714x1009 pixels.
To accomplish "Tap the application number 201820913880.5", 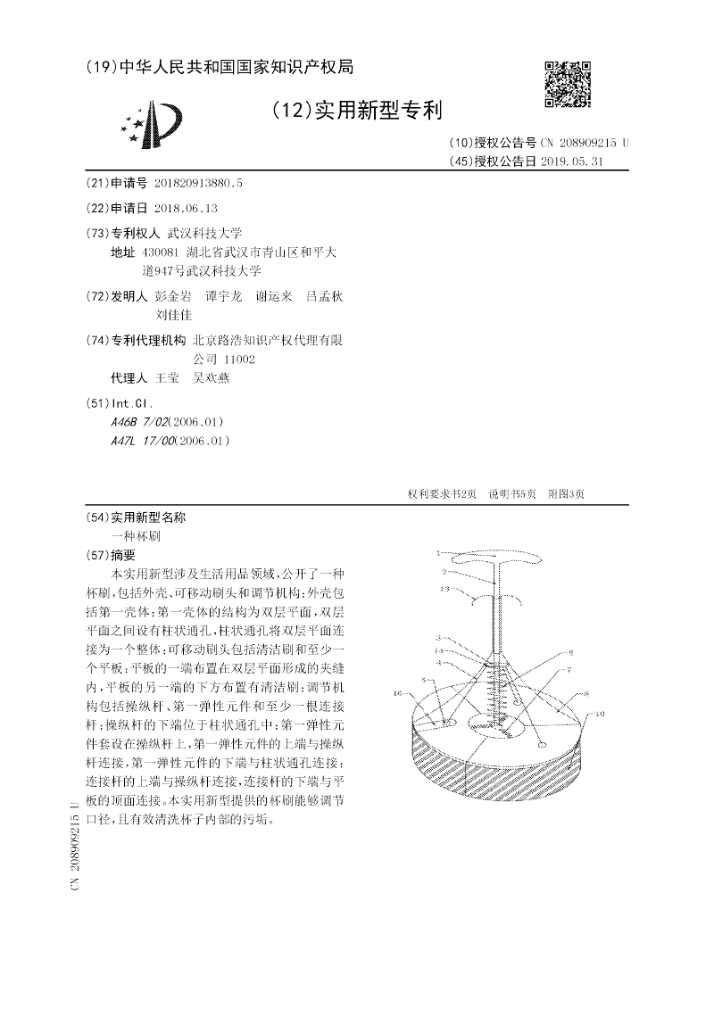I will (198, 183).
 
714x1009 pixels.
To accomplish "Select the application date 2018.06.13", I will (186, 208).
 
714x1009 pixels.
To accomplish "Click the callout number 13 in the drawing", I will (444, 590).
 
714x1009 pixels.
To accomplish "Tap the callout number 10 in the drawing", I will (600, 713).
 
